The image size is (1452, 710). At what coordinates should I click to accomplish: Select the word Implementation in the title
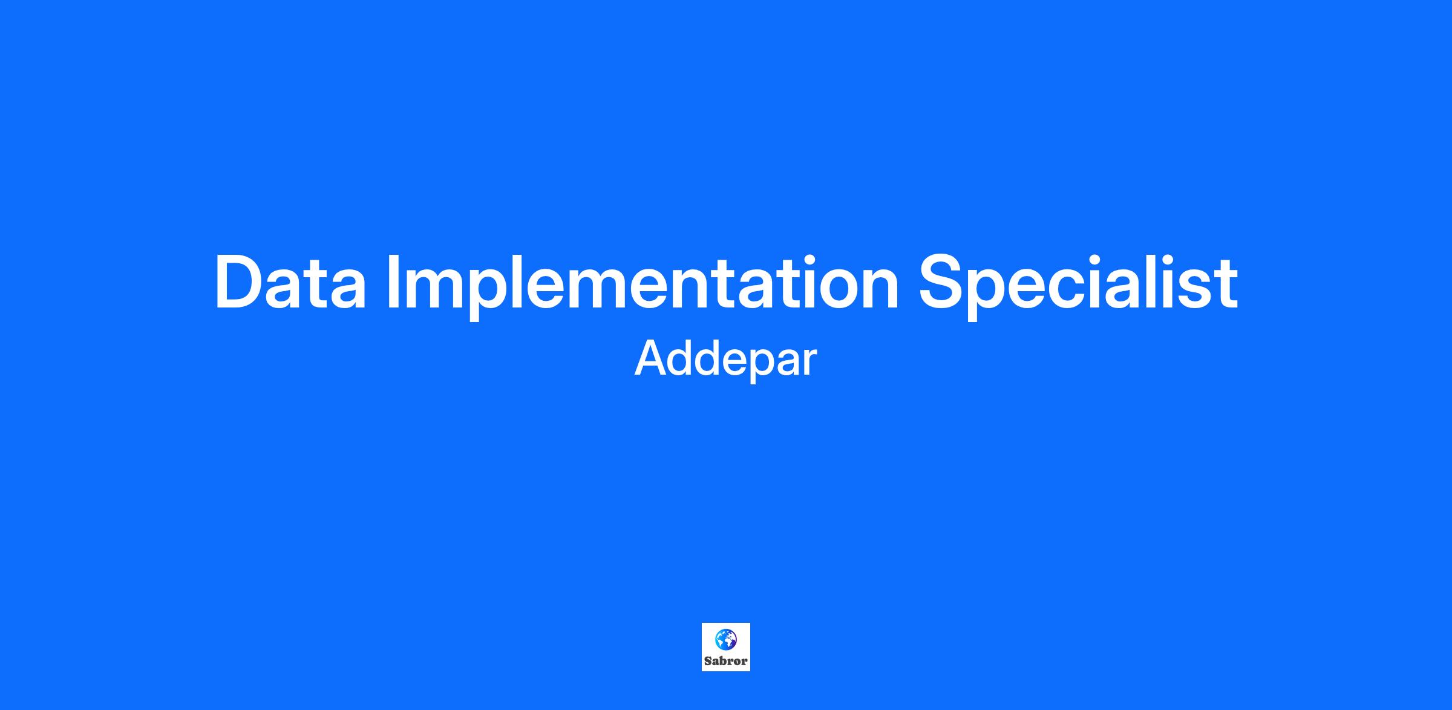point(643,285)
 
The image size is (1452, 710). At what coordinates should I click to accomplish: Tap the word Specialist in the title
point(1078,285)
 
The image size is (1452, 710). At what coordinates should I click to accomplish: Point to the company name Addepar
point(725,360)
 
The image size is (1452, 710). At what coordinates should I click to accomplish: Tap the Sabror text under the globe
point(725,662)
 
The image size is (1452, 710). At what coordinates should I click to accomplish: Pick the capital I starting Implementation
point(392,283)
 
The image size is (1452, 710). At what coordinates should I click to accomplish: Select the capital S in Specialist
point(943,283)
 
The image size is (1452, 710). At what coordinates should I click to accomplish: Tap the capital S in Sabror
point(708,662)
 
